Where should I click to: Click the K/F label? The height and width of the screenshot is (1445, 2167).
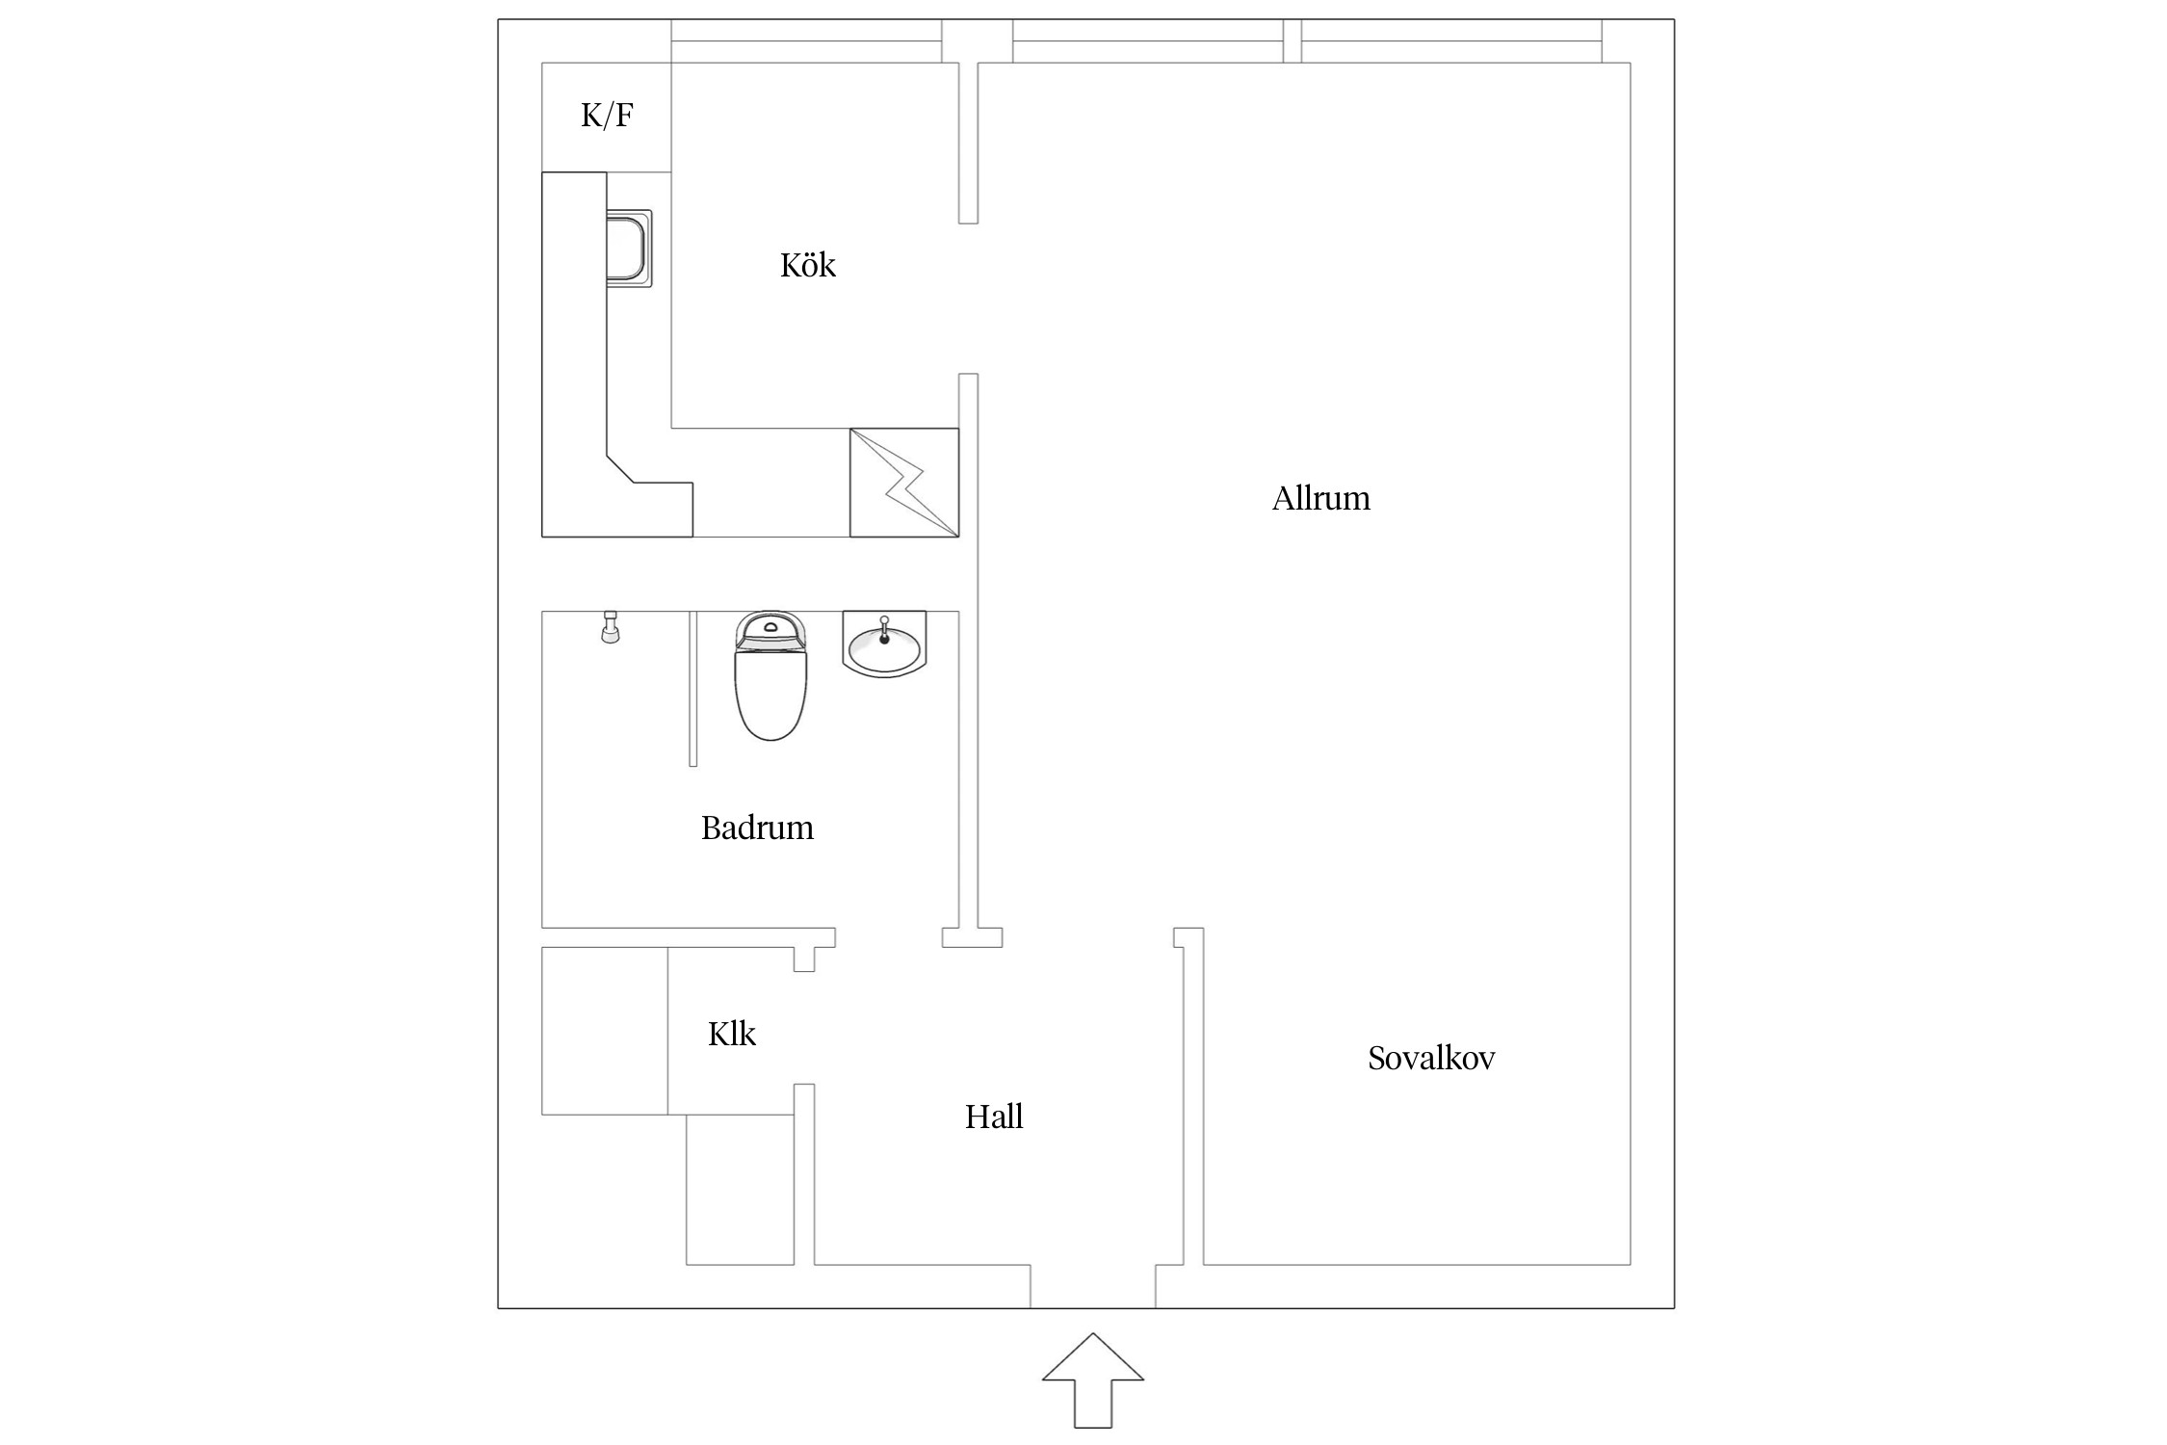click(x=607, y=116)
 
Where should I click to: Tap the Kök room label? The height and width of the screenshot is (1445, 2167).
click(x=808, y=264)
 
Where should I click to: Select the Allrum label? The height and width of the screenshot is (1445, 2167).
click(x=1320, y=498)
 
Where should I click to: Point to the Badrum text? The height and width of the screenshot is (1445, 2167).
click(x=757, y=828)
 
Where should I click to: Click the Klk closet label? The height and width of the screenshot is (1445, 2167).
click(x=732, y=1034)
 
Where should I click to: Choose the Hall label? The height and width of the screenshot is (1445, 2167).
click(x=994, y=1117)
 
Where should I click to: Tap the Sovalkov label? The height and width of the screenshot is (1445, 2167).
click(x=1431, y=1058)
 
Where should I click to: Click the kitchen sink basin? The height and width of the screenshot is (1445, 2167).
click(x=629, y=249)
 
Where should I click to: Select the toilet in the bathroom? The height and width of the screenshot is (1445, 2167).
click(x=770, y=675)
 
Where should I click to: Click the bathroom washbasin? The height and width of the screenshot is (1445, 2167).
click(x=884, y=643)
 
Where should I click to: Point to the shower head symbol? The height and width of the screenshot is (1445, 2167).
click(x=610, y=626)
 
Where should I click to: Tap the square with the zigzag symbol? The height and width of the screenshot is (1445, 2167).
click(x=904, y=483)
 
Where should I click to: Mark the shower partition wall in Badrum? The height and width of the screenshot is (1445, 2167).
click(x=692, y=689)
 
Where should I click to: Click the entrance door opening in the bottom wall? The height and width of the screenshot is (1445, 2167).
click(x=1093, y=1286)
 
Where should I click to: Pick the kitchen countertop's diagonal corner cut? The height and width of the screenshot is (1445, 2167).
click(x=620, y=467)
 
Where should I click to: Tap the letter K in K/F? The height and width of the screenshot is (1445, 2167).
click(x=590, y=116)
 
